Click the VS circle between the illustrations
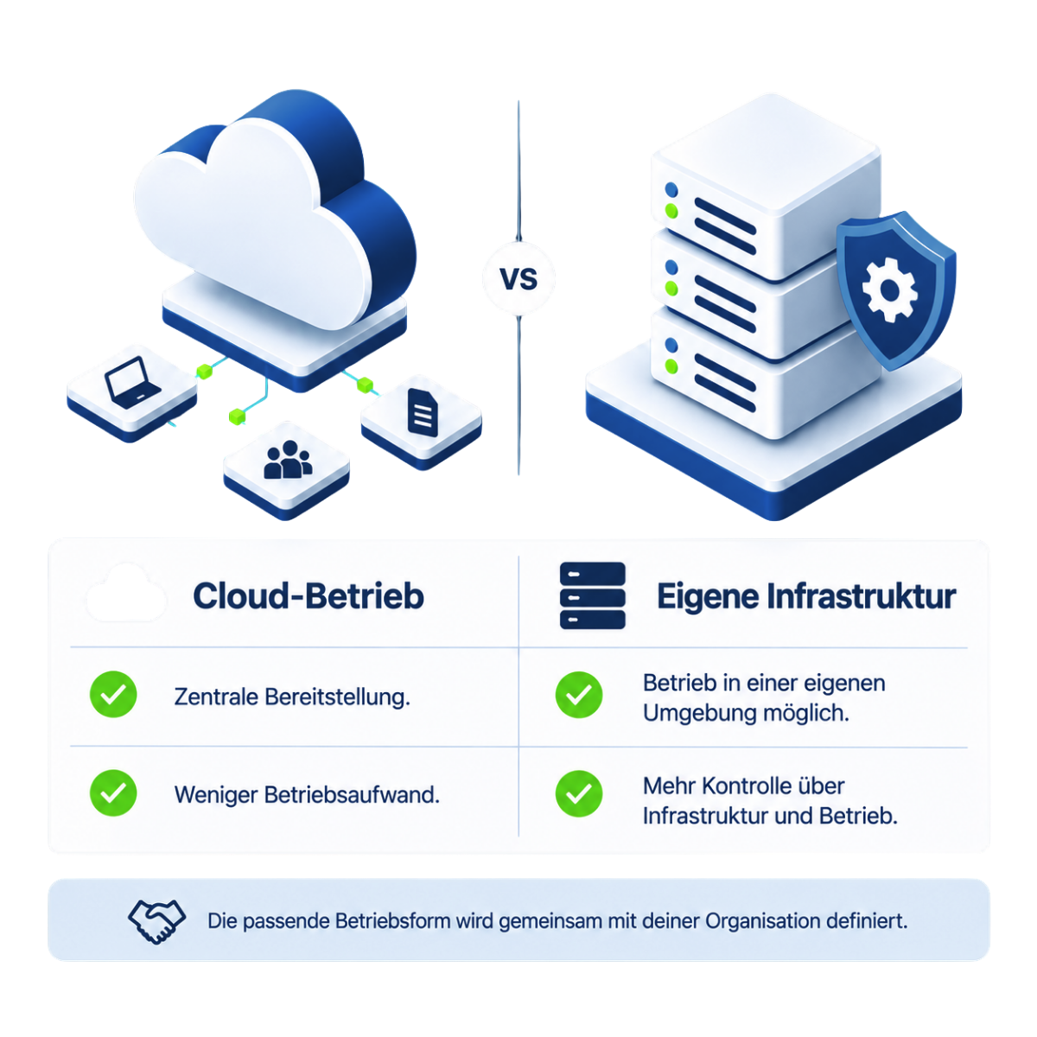coord(518,278)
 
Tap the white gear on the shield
coord(889,290)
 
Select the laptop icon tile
coord(132,392)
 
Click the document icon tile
coord(422,422)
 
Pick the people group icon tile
coord(287,470)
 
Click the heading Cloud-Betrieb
coord(309,595)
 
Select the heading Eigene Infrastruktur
coord(806,596)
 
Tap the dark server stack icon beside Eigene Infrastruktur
coord(593,595)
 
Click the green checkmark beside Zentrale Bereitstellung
coord(113,694)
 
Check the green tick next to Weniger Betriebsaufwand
coord(113,792)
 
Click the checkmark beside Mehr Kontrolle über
coord(578,794)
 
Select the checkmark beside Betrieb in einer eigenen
coord(578,695)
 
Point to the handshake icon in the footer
coord(156,920)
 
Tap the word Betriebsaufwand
coord(352,794)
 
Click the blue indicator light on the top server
coord(671,190)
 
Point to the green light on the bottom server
coord(671,366)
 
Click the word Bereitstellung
coord(337,697)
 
